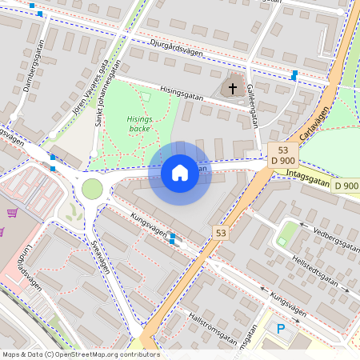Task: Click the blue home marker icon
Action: [180, 172]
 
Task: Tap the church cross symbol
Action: [233, 88]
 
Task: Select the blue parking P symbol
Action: [280, 328]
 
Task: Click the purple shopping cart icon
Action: [12, 213]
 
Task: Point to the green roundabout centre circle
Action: [92, 189]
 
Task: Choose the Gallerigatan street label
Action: [253, 106]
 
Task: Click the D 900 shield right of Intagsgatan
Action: [346, 186]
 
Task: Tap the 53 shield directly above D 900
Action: [283, 150]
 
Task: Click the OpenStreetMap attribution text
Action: [80, 354]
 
